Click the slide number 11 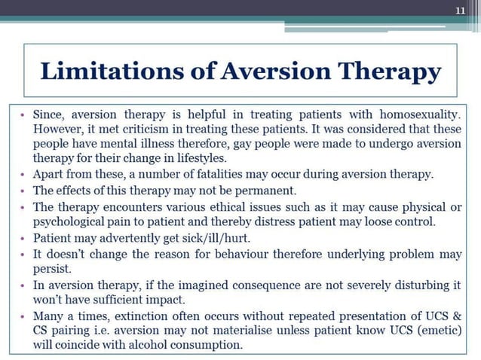[462, 10]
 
